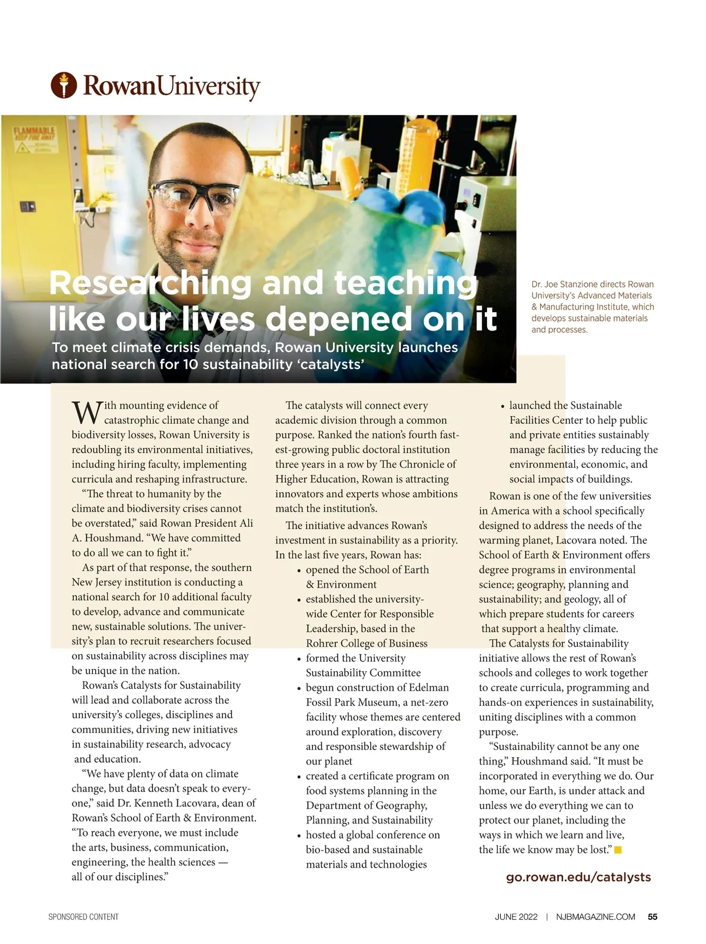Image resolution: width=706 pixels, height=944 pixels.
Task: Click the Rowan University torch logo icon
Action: pos(64,85)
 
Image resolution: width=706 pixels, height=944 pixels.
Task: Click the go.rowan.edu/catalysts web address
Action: pos(578,877)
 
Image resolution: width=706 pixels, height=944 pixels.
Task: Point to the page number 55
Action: pos(652,916)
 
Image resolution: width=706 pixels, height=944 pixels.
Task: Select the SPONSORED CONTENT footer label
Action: pos(84,917)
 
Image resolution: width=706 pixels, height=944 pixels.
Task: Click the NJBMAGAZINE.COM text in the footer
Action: pos(595,916)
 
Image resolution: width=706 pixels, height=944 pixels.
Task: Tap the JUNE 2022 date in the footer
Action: pos(516,916)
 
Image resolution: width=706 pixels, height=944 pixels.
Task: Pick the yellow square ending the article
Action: pos(618,850)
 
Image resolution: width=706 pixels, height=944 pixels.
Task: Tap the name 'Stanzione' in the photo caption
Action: pos(590,284)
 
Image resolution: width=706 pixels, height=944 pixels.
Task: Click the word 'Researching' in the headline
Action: pos(151,283)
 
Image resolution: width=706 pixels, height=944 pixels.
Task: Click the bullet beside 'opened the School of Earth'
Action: pos(299,571)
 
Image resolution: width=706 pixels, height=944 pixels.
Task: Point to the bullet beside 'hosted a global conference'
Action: pos(299,836)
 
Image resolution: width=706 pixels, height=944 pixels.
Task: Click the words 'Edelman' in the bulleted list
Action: pos(428,688)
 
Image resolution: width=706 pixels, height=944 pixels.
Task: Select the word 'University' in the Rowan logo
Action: pos(209,86)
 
